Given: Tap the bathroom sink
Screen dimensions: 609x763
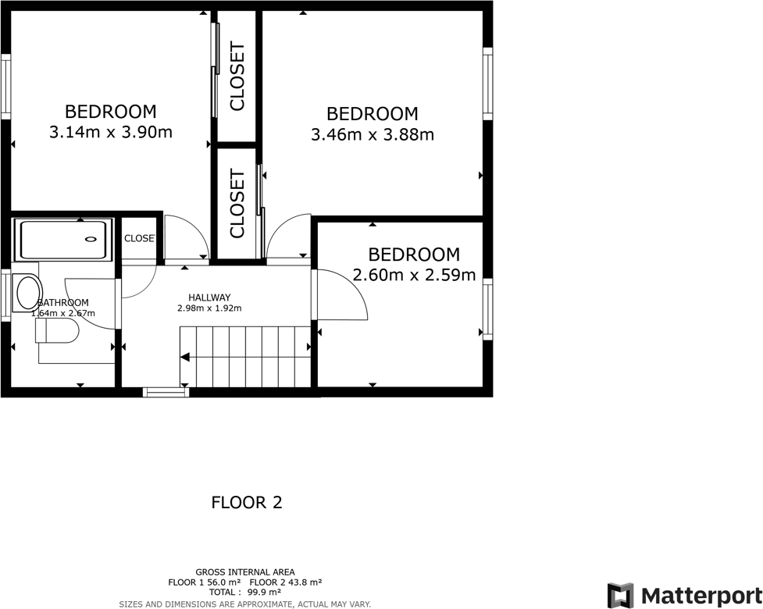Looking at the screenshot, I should coord(28,292).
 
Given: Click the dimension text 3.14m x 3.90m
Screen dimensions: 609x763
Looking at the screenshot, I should coord(110,132).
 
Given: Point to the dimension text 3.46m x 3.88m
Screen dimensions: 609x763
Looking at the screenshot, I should coord(372,134).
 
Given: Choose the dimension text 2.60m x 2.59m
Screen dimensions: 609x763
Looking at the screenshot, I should coord(414,275).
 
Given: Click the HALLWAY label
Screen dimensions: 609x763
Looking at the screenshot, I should coord(209,297).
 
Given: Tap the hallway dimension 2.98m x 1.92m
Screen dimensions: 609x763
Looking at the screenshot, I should coord(209,308).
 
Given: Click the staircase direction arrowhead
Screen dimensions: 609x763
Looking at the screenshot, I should coord(185,357).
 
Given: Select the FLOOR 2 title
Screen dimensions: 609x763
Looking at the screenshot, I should coord(246,502).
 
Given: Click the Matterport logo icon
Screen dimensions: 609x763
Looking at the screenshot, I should coord(622,595).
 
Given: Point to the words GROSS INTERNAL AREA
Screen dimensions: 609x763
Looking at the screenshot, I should coord(245,572).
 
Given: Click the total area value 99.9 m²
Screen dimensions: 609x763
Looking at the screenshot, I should coord(264,593).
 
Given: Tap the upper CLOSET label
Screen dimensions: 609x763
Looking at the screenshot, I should coord(237,77).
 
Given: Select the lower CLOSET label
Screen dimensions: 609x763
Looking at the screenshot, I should coord(237,204).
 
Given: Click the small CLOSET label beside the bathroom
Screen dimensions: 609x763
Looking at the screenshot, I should coord(139,238).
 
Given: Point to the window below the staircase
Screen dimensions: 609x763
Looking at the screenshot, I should coord(166,393).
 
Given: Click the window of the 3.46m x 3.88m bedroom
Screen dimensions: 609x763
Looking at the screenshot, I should coord(487,84).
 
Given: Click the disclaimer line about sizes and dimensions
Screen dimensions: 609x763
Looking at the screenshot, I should coord(245,604).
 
